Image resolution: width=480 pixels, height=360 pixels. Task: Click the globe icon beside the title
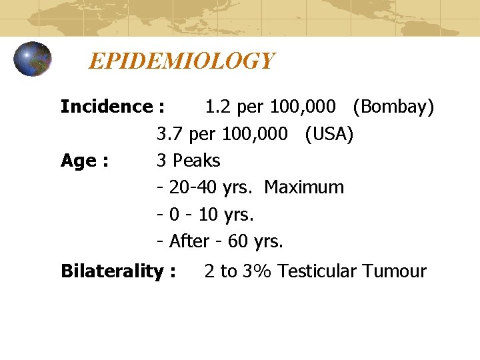click(33, 59)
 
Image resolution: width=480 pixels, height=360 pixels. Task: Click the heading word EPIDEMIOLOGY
click(181, 61)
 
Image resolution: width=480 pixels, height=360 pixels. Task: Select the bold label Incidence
click(106, 107)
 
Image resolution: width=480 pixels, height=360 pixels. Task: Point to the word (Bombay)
click(394, 107)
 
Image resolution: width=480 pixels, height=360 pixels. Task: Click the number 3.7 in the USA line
click(170, 134)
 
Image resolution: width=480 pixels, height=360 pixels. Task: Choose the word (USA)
click(329, 134)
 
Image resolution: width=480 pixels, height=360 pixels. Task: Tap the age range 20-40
click(191, 187)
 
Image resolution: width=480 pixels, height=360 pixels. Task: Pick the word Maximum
click(304, 187)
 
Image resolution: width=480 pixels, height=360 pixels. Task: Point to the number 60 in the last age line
click(237, 241)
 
